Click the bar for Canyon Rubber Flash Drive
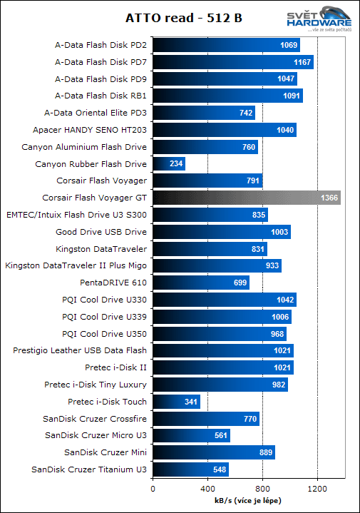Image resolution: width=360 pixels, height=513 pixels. pos(169,164)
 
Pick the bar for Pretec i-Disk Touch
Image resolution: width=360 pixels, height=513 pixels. pos(176,402)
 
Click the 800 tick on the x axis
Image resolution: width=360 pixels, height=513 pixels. pos(262,489)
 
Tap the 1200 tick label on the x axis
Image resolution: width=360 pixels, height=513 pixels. pos(317,489)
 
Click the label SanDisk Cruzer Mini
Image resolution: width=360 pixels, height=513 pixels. pos(106,452)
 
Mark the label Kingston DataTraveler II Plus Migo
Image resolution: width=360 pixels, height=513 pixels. pos(76,265)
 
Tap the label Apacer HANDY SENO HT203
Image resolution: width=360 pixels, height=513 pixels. pos(90,130)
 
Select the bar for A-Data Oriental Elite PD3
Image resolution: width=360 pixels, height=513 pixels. pos(203,113)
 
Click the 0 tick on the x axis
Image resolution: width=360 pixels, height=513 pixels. pos(153,489)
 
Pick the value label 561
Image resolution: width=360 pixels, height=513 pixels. pos(220,435)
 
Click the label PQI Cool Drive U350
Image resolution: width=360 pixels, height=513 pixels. pos(104,333)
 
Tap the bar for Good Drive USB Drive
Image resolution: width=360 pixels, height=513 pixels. pos(221,232)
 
